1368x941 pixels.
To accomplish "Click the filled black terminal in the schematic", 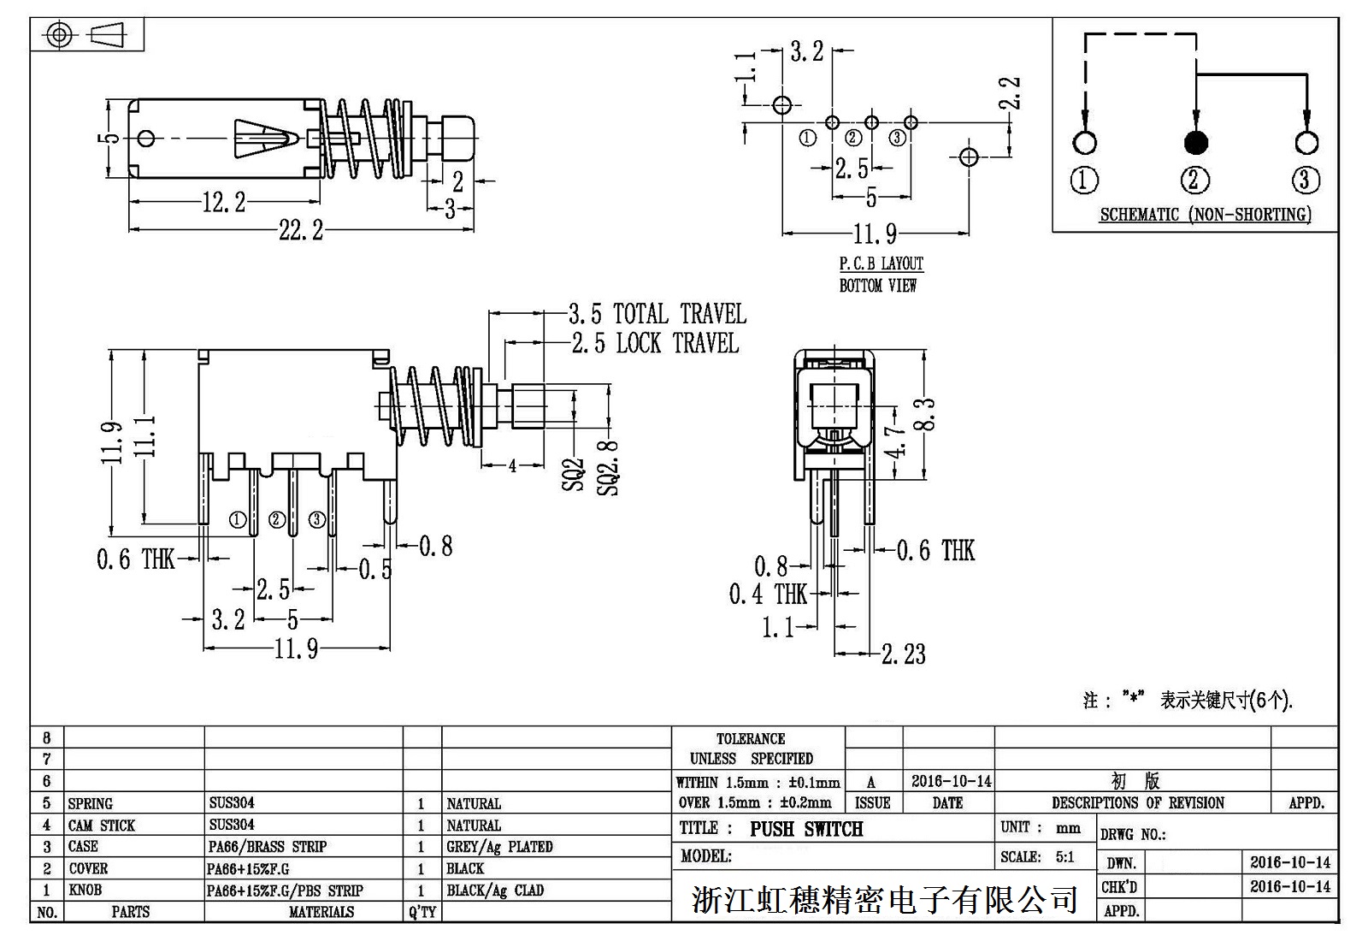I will point(1195,143).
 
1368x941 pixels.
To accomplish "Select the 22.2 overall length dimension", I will point(300,230).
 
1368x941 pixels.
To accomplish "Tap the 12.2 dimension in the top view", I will point(223,203).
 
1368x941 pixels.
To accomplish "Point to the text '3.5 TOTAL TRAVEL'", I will point(657,314).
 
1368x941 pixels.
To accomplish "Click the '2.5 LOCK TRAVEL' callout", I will point(654,344).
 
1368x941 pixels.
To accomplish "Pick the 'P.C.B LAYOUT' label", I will point(881,263).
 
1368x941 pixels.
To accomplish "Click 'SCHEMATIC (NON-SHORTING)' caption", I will point(1205,215).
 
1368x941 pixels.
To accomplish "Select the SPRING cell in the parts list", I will point(91,804).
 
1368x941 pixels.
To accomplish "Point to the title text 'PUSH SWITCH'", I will point(806,829).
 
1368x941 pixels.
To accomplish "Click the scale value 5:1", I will point(1064,856).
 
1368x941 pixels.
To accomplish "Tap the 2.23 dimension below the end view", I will point(903,654).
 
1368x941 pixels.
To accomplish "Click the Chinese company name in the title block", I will point(884,900).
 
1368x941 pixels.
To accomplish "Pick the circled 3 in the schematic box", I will point(1305,180).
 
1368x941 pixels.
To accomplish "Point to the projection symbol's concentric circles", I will point(58,35).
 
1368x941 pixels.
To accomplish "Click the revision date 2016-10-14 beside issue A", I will point(951,781).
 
